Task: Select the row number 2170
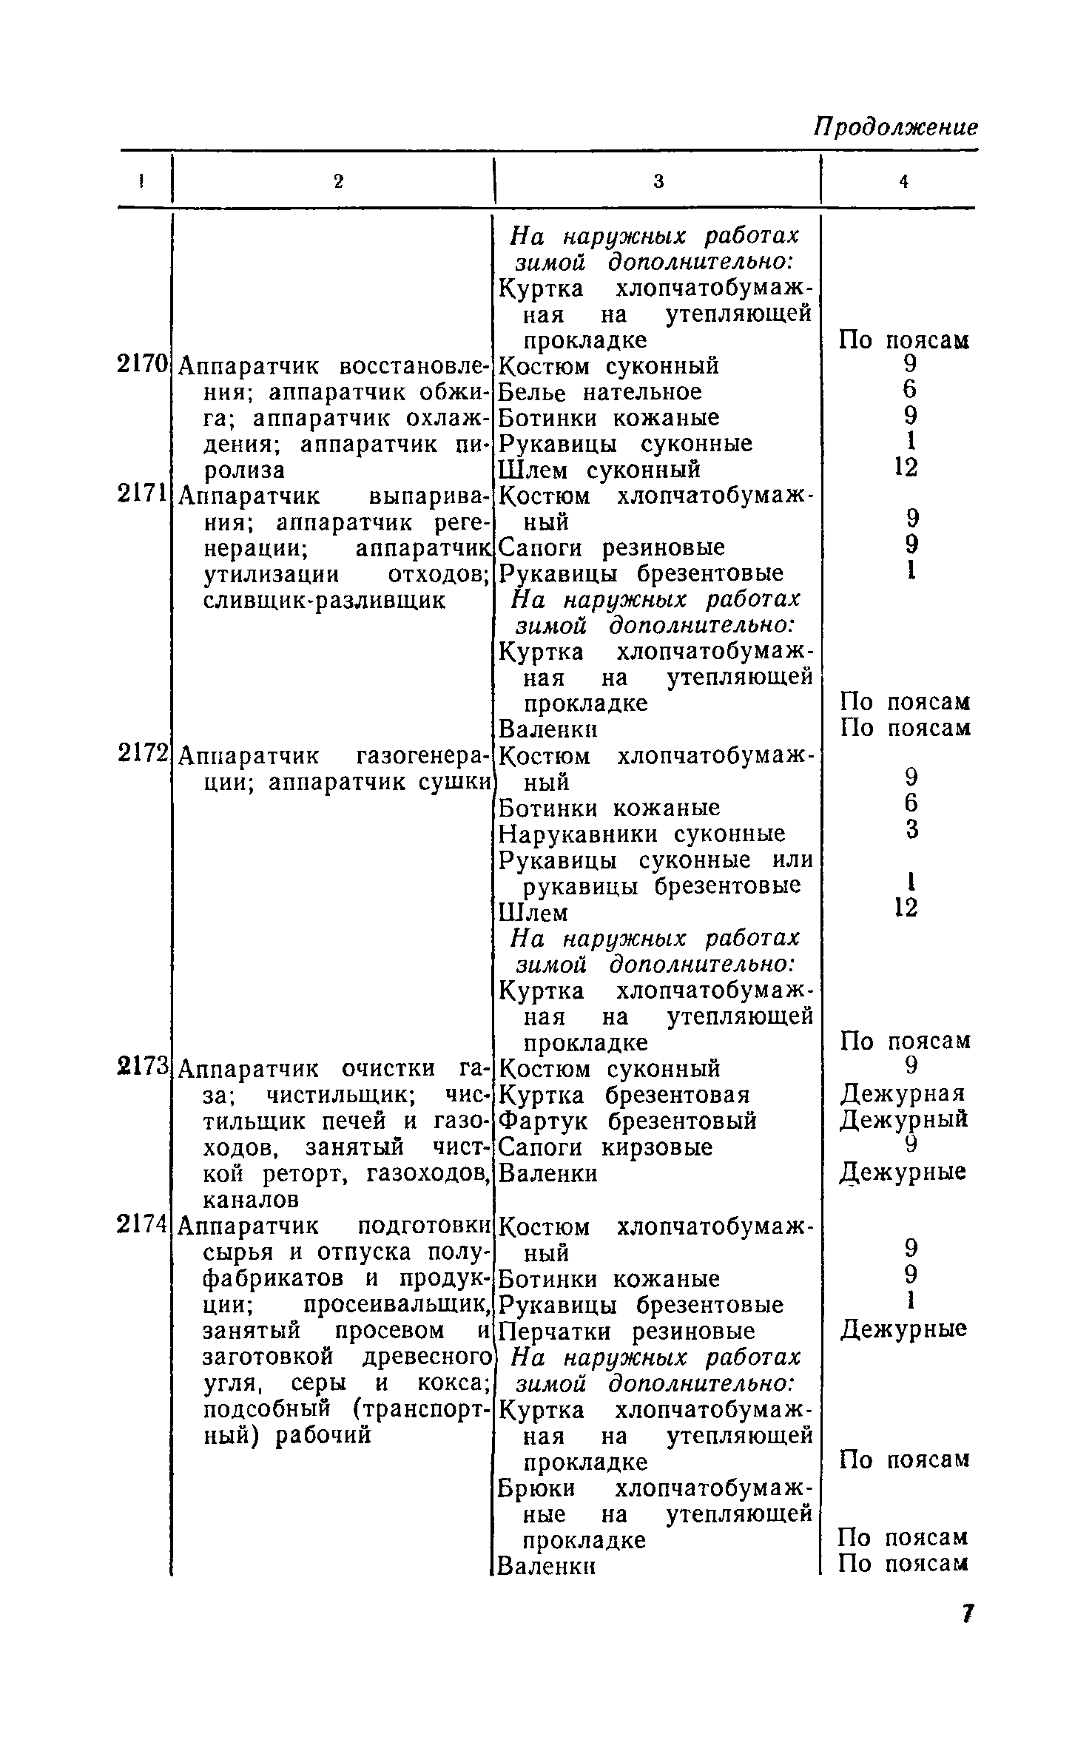pos(143,365)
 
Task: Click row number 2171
pos(143,494)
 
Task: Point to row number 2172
pos(143,755)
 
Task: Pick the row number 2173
pos(143,1067)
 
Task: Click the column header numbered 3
pos(658,181)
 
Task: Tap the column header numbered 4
pos(903,181)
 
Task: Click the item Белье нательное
pos(600,392)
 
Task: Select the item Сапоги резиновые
pos(612,547)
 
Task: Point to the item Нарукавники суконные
pos(642,834)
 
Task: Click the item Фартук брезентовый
pos(628,1121)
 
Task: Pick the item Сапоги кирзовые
pos(606,1147)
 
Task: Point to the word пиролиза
pos(243,470)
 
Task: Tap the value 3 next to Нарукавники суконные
pos(911,830)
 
